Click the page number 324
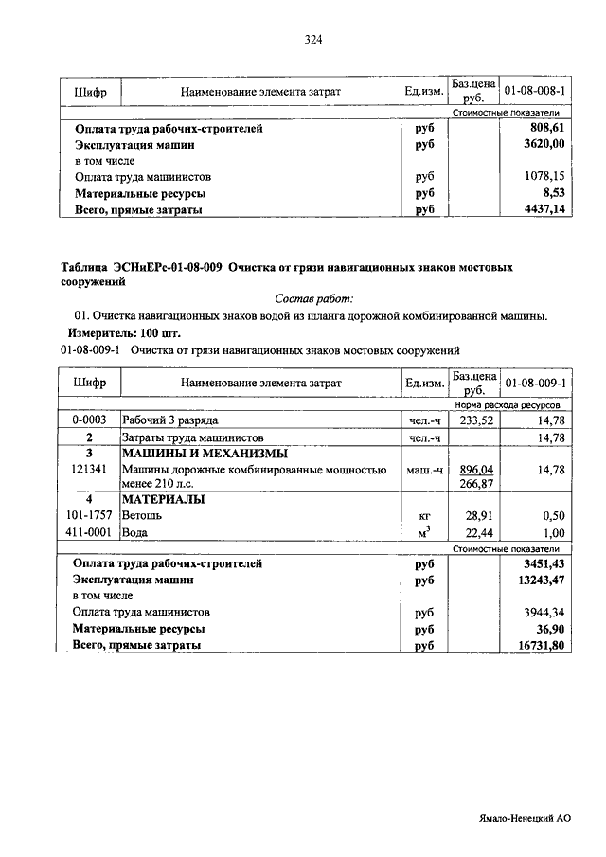(314, 39)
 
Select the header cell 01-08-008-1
(535, 92)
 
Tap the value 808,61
(547, 128)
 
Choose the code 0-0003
(89, 420)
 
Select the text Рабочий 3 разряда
(170, 420)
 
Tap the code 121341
(89, 469)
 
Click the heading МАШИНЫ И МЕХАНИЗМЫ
(196, 453)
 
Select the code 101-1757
(89, 517)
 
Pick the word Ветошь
(142, 517)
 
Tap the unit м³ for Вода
(424, 533)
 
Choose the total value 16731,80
(540, 646)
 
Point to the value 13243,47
(540, 580)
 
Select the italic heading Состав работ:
(312, 298)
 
